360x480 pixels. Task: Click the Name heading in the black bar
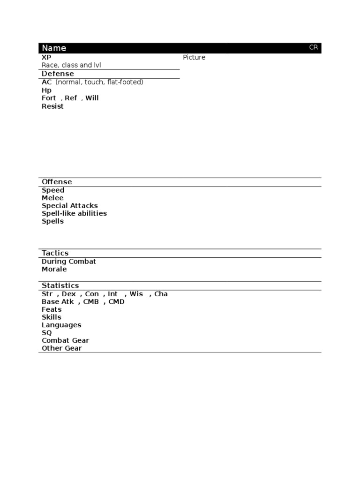(x=54, y=48)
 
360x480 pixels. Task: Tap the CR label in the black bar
(x=313, y=47)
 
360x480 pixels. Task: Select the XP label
(x=46, y=57)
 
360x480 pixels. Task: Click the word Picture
(x=194, y=58)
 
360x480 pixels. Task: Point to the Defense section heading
(x=58, y=74)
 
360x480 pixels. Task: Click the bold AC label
(x=47, y=82)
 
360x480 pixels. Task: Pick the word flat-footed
(x=125, y=82)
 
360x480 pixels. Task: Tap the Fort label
(x=49, y=98)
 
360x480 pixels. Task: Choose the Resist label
(x=52, y=106)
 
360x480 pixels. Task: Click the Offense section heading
(x=57, y=182)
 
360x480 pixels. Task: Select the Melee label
(x=52, y=198)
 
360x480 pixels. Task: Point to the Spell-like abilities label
(x=74, y=213)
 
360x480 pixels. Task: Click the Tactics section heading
(x=55, y=253)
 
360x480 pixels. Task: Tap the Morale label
(x=54, y=269)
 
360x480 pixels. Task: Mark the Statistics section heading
(x=60, y=285)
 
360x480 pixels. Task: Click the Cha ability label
(x=161, y=294)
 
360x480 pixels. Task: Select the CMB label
(x=91, y=302)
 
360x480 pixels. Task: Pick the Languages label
(x=61, y=325)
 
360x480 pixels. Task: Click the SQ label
(x=47, y=333)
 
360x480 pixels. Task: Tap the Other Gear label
(x=61, y=348)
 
